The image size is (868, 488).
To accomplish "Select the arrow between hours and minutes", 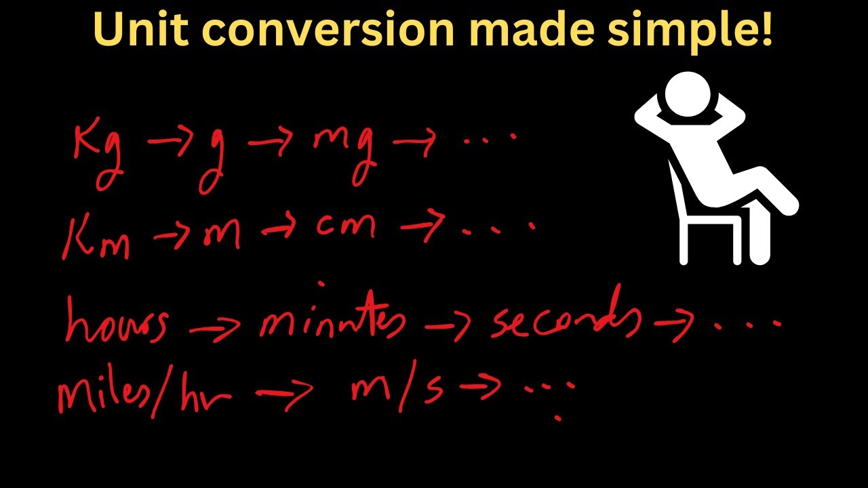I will coord(214,327).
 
